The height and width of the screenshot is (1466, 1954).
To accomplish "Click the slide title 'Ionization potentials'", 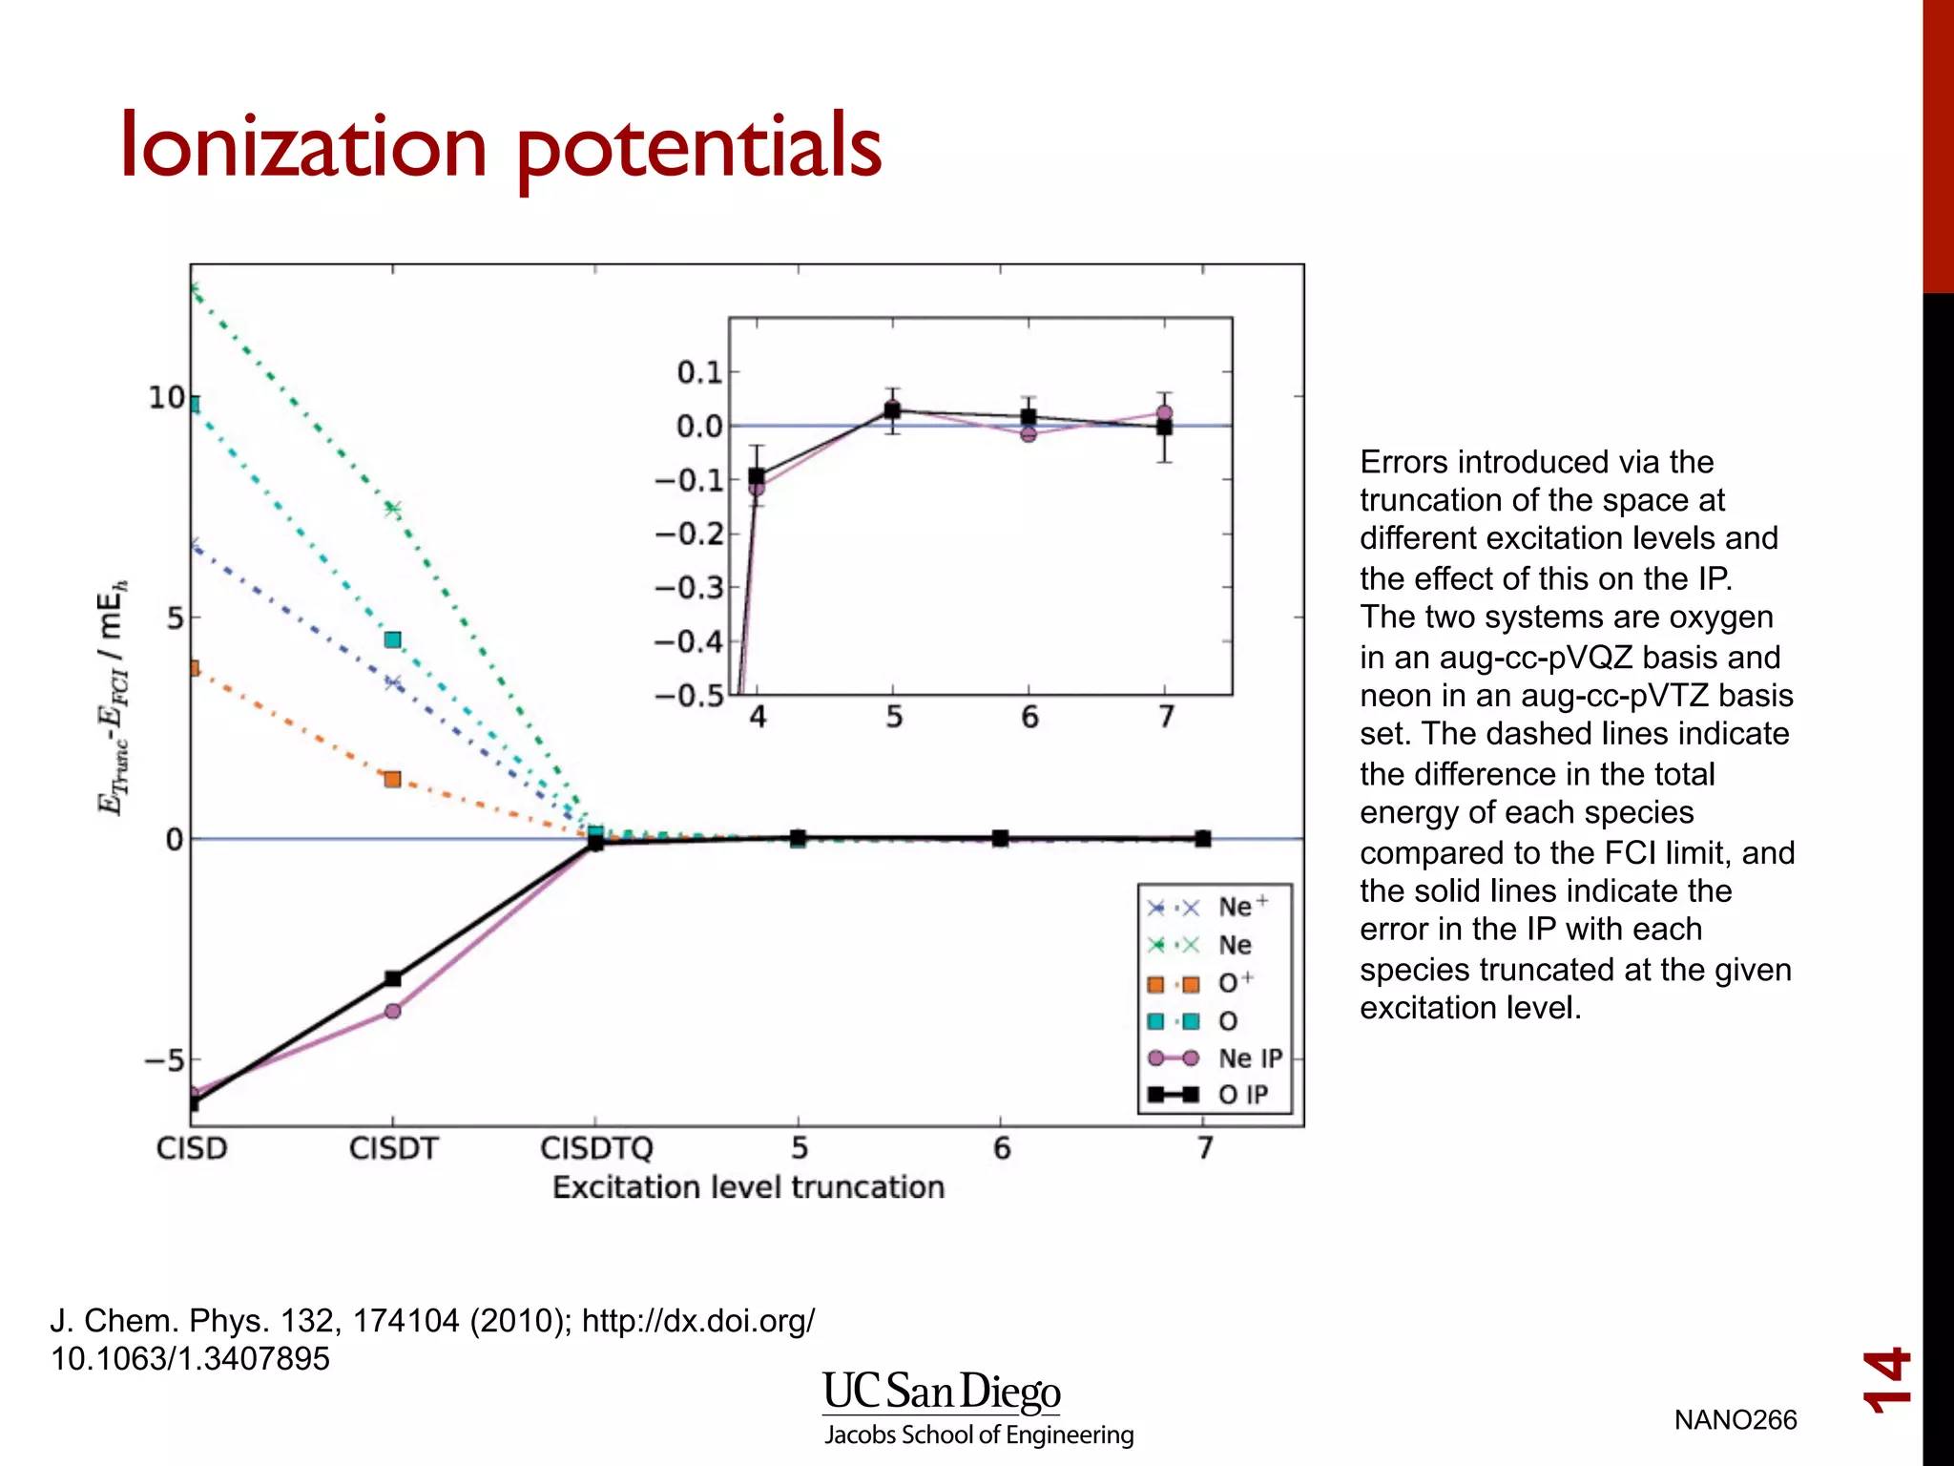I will (500, 146).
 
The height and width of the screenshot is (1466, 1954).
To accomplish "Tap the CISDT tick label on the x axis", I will (393, 1148).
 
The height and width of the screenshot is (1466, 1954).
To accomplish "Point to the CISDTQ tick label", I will (596, 1148).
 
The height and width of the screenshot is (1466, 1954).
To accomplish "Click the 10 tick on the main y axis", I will (167, 398).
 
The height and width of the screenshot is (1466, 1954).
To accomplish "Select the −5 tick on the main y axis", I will (164, 1060).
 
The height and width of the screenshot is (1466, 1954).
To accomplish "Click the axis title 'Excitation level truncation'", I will (748, 1187).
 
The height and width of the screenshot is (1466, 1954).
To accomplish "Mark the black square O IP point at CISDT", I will (393, 978).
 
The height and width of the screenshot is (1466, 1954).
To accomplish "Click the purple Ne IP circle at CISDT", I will (393, 1011).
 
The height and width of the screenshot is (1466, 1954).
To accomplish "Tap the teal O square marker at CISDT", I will (393, 639).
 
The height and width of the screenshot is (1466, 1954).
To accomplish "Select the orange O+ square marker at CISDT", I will (392, 779).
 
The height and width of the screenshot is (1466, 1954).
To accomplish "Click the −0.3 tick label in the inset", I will (689, 588).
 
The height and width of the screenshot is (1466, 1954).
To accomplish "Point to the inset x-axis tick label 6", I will (1029, 718).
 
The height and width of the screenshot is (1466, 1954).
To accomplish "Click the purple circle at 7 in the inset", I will (1164, 413).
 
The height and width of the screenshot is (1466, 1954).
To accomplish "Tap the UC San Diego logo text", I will (941, 1393).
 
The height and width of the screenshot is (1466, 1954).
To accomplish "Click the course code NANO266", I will (1735, 1420).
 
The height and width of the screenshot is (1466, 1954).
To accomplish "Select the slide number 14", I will (1886, 1380).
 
